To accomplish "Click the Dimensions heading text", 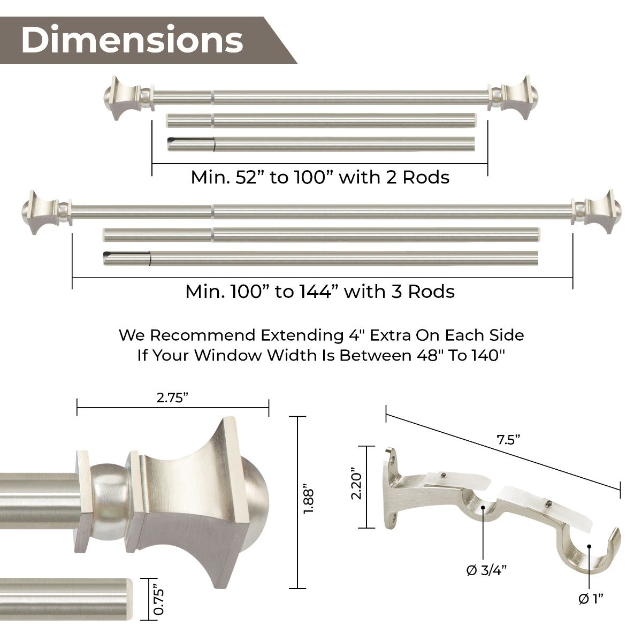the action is (132, 40).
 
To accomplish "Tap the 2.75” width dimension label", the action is (173, 398).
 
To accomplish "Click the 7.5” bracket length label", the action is (508, 440).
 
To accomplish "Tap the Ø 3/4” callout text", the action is (486, 570).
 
